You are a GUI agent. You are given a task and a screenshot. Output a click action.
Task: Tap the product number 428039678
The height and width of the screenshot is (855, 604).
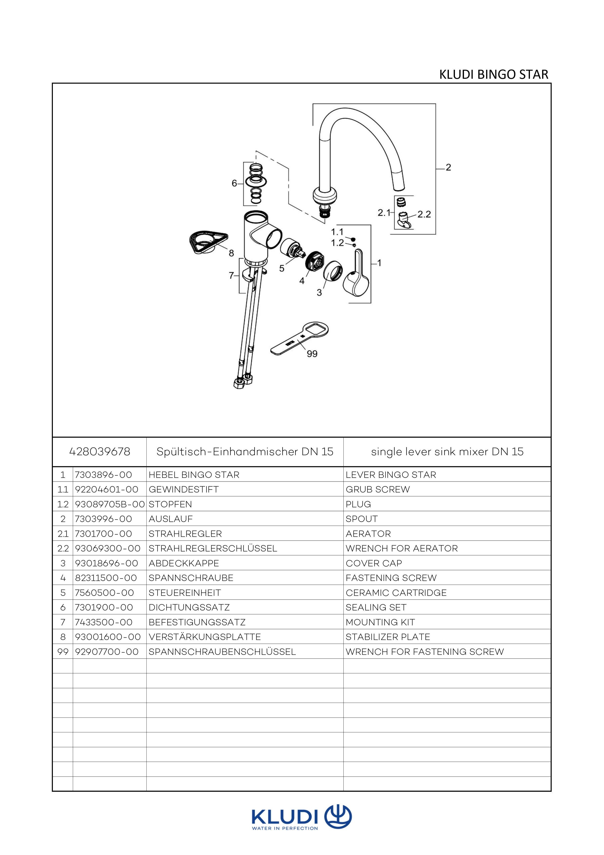[x=100, y=452]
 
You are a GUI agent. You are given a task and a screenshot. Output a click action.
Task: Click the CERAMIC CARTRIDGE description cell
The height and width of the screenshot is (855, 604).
[x=396, y=593]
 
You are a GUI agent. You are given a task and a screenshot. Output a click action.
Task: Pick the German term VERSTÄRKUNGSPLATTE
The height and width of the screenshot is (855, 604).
[x=205, y=637]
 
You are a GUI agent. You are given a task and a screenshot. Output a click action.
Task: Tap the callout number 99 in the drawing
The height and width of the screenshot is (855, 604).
[x=312, y=354]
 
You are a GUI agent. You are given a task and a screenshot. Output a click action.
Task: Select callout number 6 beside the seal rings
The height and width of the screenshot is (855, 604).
[x=234, y=183]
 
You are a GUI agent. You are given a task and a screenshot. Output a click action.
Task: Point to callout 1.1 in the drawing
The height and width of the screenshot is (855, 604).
[x=337, y=232]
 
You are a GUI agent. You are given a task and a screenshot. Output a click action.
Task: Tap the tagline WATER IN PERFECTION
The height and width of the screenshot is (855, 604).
[x=285, y=828]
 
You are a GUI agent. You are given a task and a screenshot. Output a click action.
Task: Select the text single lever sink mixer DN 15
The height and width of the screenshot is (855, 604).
[x=447, y=452]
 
